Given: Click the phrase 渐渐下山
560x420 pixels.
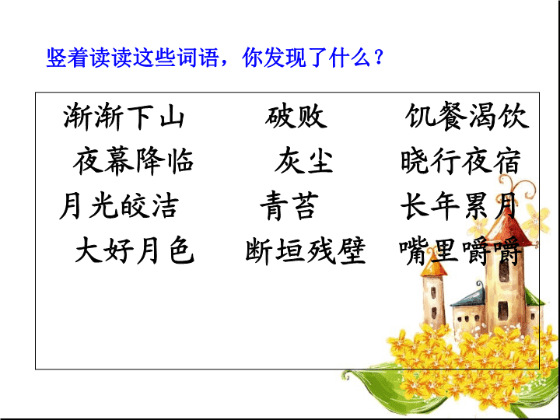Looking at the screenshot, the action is [x=124, y=117].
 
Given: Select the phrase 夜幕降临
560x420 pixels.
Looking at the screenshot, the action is [x=133, y=161].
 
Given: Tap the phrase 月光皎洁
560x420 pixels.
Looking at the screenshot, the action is [x=119, y=205].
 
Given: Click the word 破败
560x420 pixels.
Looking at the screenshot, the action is [x=296, y=117].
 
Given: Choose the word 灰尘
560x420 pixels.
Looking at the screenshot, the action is [x=303, y=161].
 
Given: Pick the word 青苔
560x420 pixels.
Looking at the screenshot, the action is [x=289, y=205].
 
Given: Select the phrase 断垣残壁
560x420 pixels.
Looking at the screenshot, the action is [x=306, y=250].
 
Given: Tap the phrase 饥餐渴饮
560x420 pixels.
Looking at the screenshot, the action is [x=467, y=116].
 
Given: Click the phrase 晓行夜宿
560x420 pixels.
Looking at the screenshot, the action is [x=460, y=161].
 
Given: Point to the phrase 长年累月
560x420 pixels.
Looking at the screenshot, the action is [x=459, y=205].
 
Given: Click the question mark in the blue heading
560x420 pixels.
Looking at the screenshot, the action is [x=379, y=57].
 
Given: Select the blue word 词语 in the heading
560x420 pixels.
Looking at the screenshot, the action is [x=198, y=57].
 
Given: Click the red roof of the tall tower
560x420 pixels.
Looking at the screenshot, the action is [x=508, y=229].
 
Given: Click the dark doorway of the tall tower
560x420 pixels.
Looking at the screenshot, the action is [x=503, y=310].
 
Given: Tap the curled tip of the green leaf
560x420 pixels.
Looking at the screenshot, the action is [x=345, y=376].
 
